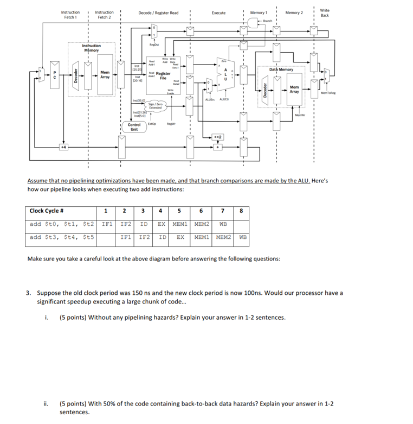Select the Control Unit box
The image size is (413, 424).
tap(134, 127)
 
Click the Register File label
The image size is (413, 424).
tap(163, 75)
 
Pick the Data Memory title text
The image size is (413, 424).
tap(281, 69)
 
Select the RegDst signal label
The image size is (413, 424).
tap(154, 45)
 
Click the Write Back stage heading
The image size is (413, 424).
tap(324, 12)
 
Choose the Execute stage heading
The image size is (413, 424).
tap(219, 12)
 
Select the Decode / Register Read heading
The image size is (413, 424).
tap(158, 12)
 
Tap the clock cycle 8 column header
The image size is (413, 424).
tap(241, 211)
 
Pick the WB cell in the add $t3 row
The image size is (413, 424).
tap(243, 237)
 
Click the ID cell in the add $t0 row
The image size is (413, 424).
tap(144, 224)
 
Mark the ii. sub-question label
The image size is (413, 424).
tap(47, 404)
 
